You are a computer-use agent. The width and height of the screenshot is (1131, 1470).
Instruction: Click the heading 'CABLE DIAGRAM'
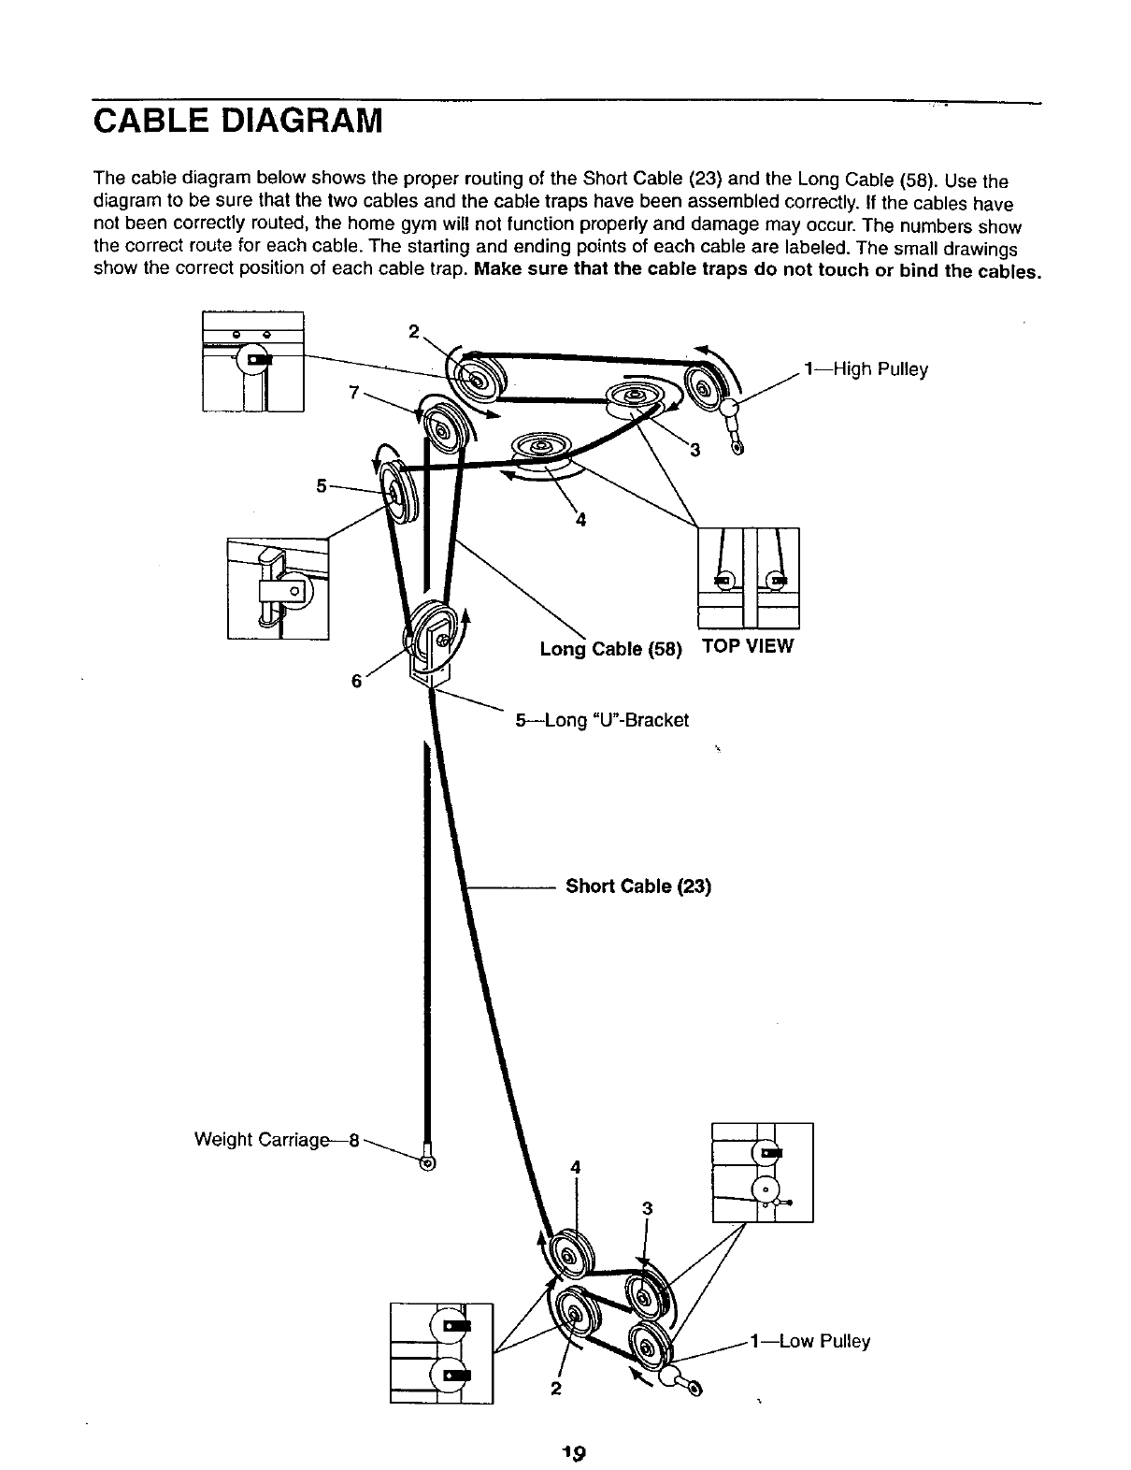click(x=238, y=122)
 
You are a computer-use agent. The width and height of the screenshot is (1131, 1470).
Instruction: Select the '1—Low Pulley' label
click(x=809, y=1342)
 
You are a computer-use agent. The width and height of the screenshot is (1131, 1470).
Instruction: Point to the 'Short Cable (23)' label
click(x=638, y=886)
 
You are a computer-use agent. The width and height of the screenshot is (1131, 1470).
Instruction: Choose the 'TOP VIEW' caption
click(x=747, y=646)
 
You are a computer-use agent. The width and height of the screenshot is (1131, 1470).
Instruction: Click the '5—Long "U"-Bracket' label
click(x=602, y=720)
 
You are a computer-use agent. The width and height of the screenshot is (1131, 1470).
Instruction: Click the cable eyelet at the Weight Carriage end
click(x=427, y=1163)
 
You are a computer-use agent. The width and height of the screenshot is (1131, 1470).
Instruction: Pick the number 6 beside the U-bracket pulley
click(x=356, y=681)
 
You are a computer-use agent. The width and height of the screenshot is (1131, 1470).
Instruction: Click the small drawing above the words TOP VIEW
click(x=749, y=577)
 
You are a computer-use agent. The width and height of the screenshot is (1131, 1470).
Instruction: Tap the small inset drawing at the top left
click(x=252, y=361)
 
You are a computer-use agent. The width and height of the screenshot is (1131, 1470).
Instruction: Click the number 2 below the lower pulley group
click(x=555, y=1388)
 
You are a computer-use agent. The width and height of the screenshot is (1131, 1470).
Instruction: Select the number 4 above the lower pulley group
click(x=576, y=1166)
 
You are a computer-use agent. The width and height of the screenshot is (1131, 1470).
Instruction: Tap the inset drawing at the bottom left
click(x=441, y=1352)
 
